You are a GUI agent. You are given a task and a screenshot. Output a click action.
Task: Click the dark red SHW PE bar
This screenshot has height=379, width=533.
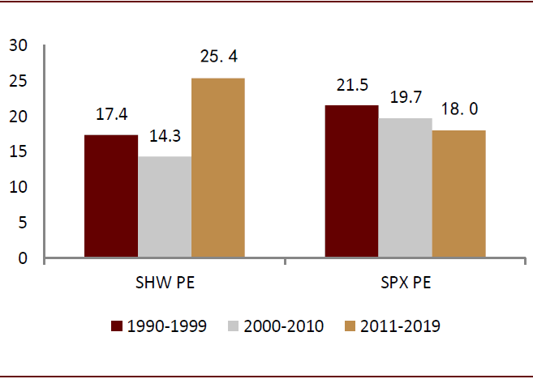[x=111, y=197]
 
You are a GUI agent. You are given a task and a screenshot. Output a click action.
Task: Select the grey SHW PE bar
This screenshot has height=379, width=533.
[x=165, y=207]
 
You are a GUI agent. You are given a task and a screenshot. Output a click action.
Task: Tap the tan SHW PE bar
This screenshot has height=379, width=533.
[x=218, y=168]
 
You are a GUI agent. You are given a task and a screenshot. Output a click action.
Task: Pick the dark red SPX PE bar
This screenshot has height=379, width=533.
[x=351, y=182]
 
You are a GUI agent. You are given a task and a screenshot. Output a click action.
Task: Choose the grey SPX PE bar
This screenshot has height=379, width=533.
[x=405, y=189]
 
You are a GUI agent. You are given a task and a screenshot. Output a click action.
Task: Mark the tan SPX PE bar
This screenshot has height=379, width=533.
[x=458, y=194]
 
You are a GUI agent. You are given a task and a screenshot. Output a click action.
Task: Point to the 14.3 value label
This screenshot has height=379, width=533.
[x=165, y=137]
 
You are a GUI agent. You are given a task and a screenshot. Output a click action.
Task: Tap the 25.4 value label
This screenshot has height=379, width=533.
[x=218, y=58]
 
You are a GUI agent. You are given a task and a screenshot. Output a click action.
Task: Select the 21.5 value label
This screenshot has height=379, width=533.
[x=351, y=86]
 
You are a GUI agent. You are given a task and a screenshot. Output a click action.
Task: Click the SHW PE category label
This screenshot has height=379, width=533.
[x=165, y=284]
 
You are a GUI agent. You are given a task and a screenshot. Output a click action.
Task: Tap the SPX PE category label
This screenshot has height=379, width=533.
[x=405, y=284]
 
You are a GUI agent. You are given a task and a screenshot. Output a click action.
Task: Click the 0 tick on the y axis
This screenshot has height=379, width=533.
[x=24, y=258]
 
